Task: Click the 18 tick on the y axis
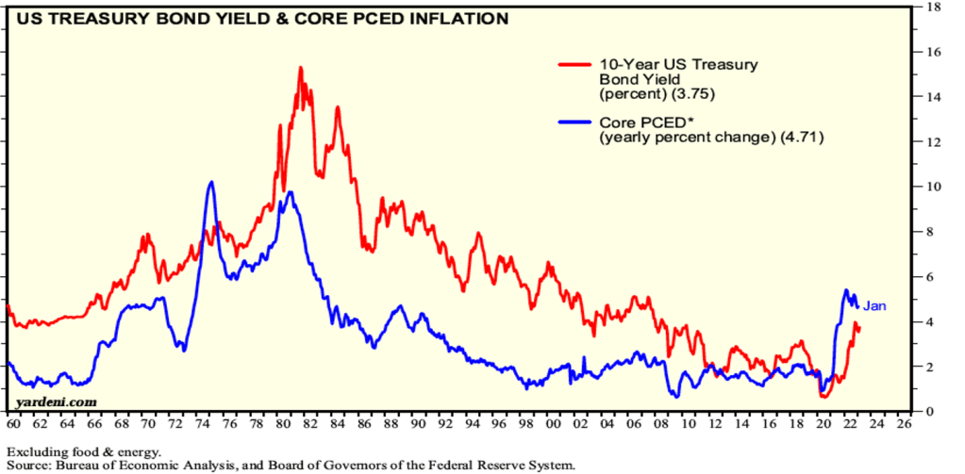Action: tap(932, 8)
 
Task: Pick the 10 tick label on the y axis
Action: tap(932, 187)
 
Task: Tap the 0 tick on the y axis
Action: tap(932, 411)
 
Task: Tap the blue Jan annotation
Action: tap(874, 305)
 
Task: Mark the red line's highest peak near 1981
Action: tap(300, 68)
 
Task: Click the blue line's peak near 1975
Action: tap(210, 182)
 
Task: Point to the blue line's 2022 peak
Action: tap(846, 290)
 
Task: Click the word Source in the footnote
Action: tap(32, 466)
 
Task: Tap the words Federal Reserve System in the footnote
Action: tap(498, 466)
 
